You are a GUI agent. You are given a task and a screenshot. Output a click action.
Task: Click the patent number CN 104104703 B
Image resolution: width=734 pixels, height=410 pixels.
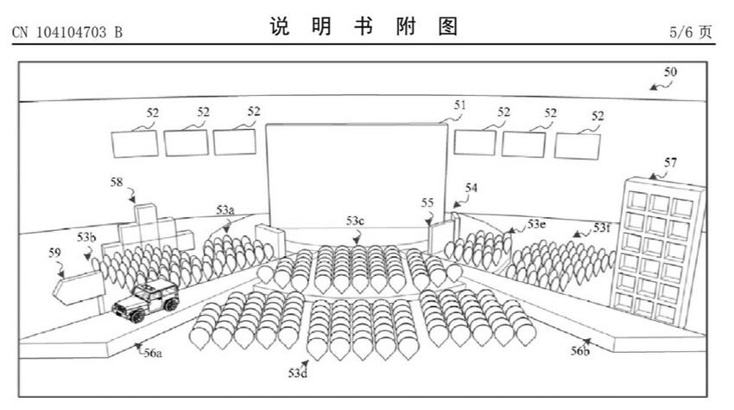tap(67, 32)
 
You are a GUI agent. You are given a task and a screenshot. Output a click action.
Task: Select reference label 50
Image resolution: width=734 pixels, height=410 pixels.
tap(670, 72)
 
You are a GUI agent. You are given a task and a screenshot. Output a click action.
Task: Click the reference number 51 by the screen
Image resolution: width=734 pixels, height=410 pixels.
tap(459, 105)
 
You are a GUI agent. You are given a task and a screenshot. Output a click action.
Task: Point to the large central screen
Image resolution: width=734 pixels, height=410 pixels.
tap(357, 176)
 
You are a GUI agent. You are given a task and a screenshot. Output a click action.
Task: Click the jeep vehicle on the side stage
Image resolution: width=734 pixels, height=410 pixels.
tap(146, 301)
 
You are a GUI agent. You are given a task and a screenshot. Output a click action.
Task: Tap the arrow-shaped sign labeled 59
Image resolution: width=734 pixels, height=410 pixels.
tap(79, 287)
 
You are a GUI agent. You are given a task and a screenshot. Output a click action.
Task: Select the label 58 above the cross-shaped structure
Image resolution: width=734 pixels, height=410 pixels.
tap(117, 182)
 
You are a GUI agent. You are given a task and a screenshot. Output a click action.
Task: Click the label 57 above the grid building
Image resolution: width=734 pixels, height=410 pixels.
tap(670, 163)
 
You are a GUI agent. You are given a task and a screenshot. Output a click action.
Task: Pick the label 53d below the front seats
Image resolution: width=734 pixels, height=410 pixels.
tap(297, 373)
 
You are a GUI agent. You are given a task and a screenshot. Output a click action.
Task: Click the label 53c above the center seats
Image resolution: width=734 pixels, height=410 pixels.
tap(355, 221)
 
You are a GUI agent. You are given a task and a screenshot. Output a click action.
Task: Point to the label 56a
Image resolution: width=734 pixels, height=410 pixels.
tap(153, 353)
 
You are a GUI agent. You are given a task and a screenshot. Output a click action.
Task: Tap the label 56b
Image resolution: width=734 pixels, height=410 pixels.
tap(579, 350)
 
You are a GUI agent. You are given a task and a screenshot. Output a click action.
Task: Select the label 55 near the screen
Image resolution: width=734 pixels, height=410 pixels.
tap(427, 202)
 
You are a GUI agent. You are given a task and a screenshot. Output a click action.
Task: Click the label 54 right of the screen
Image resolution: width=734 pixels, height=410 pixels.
tap(471, 188)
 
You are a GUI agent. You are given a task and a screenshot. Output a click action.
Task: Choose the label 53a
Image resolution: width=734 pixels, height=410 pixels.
tap(225, 209)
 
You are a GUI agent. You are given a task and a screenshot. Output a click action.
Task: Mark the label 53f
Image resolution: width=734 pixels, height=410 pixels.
tap(602, 228)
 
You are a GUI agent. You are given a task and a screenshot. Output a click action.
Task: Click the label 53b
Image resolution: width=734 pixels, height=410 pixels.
tap(86, 237)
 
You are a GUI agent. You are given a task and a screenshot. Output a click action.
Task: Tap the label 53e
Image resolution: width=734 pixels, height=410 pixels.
tap(536, 224)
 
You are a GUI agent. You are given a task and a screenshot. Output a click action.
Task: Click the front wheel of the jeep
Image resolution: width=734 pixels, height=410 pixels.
tap(137, 316)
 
